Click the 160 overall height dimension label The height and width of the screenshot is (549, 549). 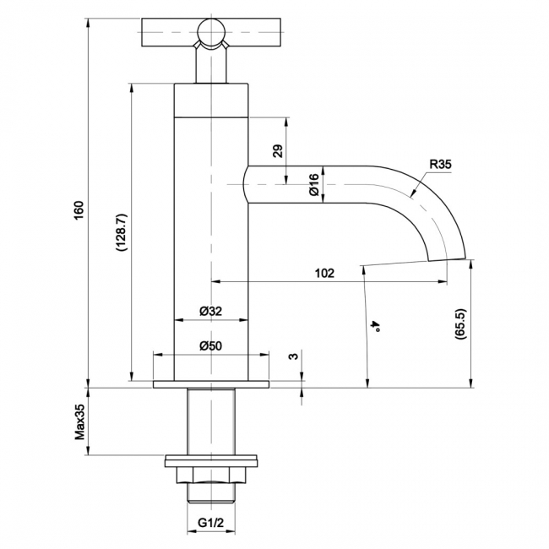(x=79, y=210)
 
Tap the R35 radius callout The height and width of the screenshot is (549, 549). (x=441, y=164)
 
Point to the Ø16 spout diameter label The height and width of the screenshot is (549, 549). (x=314, y=184)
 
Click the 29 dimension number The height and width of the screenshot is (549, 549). (x=278, y=151)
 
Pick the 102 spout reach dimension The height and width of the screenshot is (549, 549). (x=325, y=273)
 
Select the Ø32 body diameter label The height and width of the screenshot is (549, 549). (x=211, y=311)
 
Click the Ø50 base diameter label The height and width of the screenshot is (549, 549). (x=211, y=346)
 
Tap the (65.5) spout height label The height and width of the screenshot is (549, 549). (x=460, y=323)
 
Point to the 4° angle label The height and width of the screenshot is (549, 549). (x=377, y=326)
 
